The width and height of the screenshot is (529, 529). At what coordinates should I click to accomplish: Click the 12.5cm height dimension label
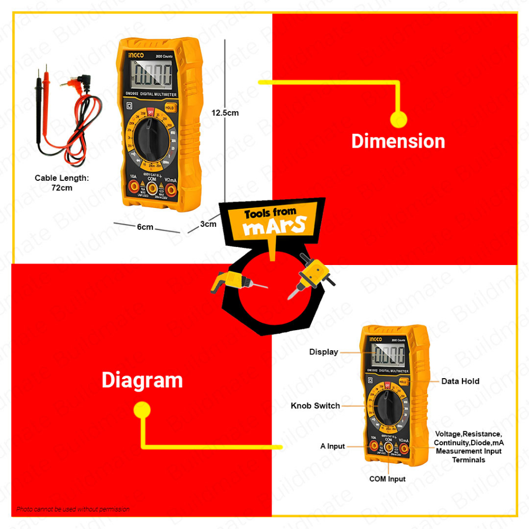pos(225,113)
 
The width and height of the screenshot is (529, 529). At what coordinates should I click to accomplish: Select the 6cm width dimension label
pos(145,227)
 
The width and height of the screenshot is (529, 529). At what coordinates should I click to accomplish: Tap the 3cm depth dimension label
pos(208,224)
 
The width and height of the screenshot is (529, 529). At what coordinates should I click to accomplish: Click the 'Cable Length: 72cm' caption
pos(62,182)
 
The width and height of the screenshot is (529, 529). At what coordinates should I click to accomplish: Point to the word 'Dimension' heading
pos(398,141)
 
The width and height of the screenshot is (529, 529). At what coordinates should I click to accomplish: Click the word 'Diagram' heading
pos(142,380)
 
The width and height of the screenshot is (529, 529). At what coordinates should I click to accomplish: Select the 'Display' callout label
pos(323,352)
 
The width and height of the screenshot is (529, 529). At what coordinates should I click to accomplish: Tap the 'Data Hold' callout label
pos(460,381)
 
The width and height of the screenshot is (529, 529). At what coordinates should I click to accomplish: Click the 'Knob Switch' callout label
pos(315,406)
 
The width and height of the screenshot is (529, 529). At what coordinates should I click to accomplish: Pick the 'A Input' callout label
pos(332,446)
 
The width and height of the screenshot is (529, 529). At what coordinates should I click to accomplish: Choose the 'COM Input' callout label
pos(387,479)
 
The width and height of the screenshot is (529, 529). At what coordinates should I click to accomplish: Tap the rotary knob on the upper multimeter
pos(150,137)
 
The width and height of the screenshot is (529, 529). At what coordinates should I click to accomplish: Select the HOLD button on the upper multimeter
pos(170,107)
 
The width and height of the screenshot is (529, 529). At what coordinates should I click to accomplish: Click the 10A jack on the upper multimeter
pos(133,190)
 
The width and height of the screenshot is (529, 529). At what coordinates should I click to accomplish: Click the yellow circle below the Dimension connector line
pos(398,119)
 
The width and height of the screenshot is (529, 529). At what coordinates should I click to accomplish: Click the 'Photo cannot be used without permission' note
pos(72,509)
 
